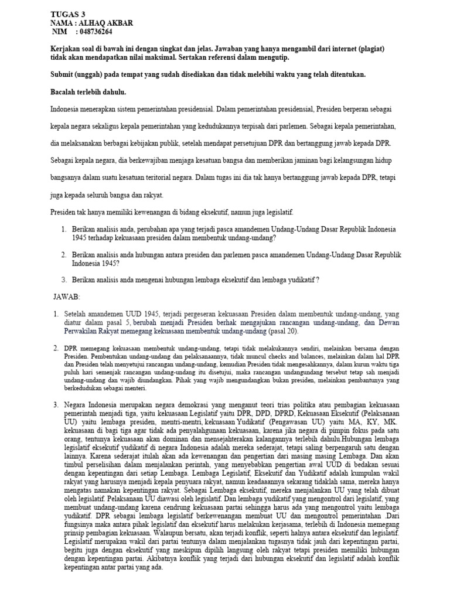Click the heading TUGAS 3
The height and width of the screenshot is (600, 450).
(69, 14)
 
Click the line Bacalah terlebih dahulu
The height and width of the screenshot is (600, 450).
(88, 92)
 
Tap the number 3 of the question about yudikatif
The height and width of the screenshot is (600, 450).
(64, 279)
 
